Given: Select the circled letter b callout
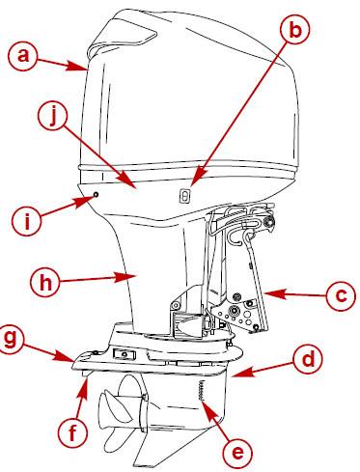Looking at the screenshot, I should tap(295, 30).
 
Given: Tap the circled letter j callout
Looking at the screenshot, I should tap(55, 117).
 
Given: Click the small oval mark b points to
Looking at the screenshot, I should tap(184, 195).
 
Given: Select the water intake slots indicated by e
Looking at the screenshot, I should tap(202, 391).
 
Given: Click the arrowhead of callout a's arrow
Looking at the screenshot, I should tap(88, 69).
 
